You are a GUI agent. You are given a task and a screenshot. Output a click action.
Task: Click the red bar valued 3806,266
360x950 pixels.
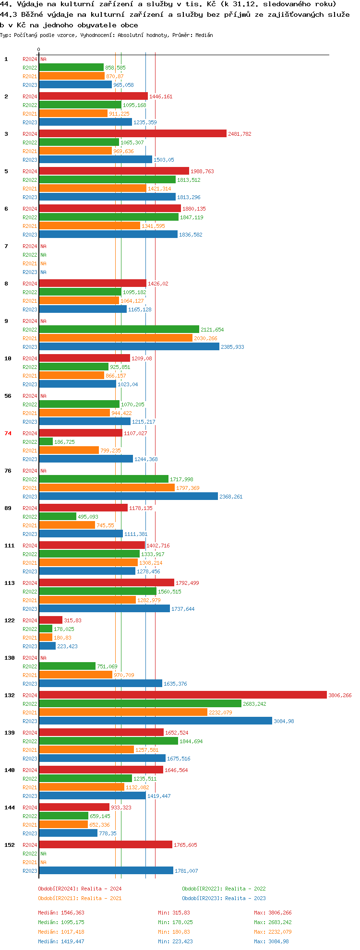182,695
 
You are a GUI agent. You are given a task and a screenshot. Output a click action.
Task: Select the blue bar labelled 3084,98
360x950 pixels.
156,721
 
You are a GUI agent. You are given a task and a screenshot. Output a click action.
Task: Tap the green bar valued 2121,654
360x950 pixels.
119,330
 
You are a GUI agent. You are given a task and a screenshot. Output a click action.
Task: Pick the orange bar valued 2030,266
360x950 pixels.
116,338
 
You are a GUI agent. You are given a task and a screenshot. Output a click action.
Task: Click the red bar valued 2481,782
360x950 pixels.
132,134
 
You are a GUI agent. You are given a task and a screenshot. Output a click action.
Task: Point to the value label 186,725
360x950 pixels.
64,442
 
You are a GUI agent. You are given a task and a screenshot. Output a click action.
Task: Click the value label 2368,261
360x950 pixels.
231,497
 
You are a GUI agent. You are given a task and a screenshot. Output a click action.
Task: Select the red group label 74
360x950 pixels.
8,433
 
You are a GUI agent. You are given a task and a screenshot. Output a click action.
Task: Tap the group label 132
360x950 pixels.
10,695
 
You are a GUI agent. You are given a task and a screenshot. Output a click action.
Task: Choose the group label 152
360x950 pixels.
10,845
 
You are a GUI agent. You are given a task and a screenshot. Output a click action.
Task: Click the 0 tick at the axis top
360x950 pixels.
39,49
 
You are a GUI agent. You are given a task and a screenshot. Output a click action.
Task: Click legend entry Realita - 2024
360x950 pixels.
80,889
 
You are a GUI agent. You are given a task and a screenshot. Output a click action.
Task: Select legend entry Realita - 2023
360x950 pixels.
224,898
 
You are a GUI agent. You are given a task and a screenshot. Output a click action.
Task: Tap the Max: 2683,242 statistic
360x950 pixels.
273,922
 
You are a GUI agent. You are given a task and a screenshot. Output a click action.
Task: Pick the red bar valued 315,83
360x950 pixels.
51,620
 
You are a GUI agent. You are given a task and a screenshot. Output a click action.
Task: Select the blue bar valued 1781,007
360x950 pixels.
106,871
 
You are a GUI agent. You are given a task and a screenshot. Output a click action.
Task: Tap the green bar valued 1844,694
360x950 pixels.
108,741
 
